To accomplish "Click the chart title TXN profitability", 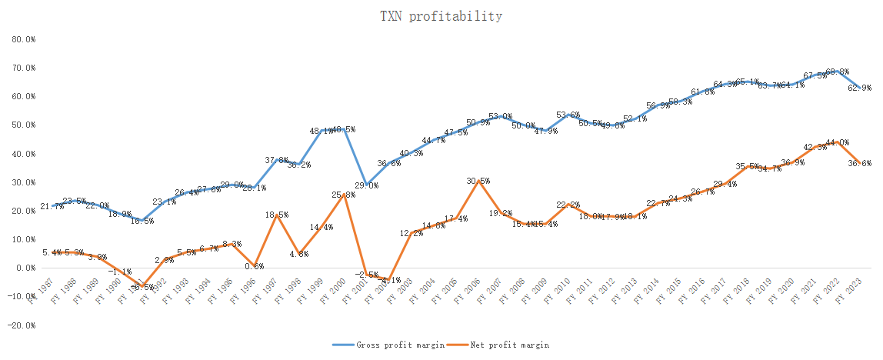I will point(441,16).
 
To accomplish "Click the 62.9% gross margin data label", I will point(858,88).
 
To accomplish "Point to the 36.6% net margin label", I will point(858,163).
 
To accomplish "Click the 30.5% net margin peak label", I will point(478,181).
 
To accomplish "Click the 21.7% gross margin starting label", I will point(52,206).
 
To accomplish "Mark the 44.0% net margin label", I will point(837,142).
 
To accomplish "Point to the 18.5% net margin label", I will point(276,215).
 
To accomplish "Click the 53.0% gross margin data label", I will point(501,116).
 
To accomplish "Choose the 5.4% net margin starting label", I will point(52,252).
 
